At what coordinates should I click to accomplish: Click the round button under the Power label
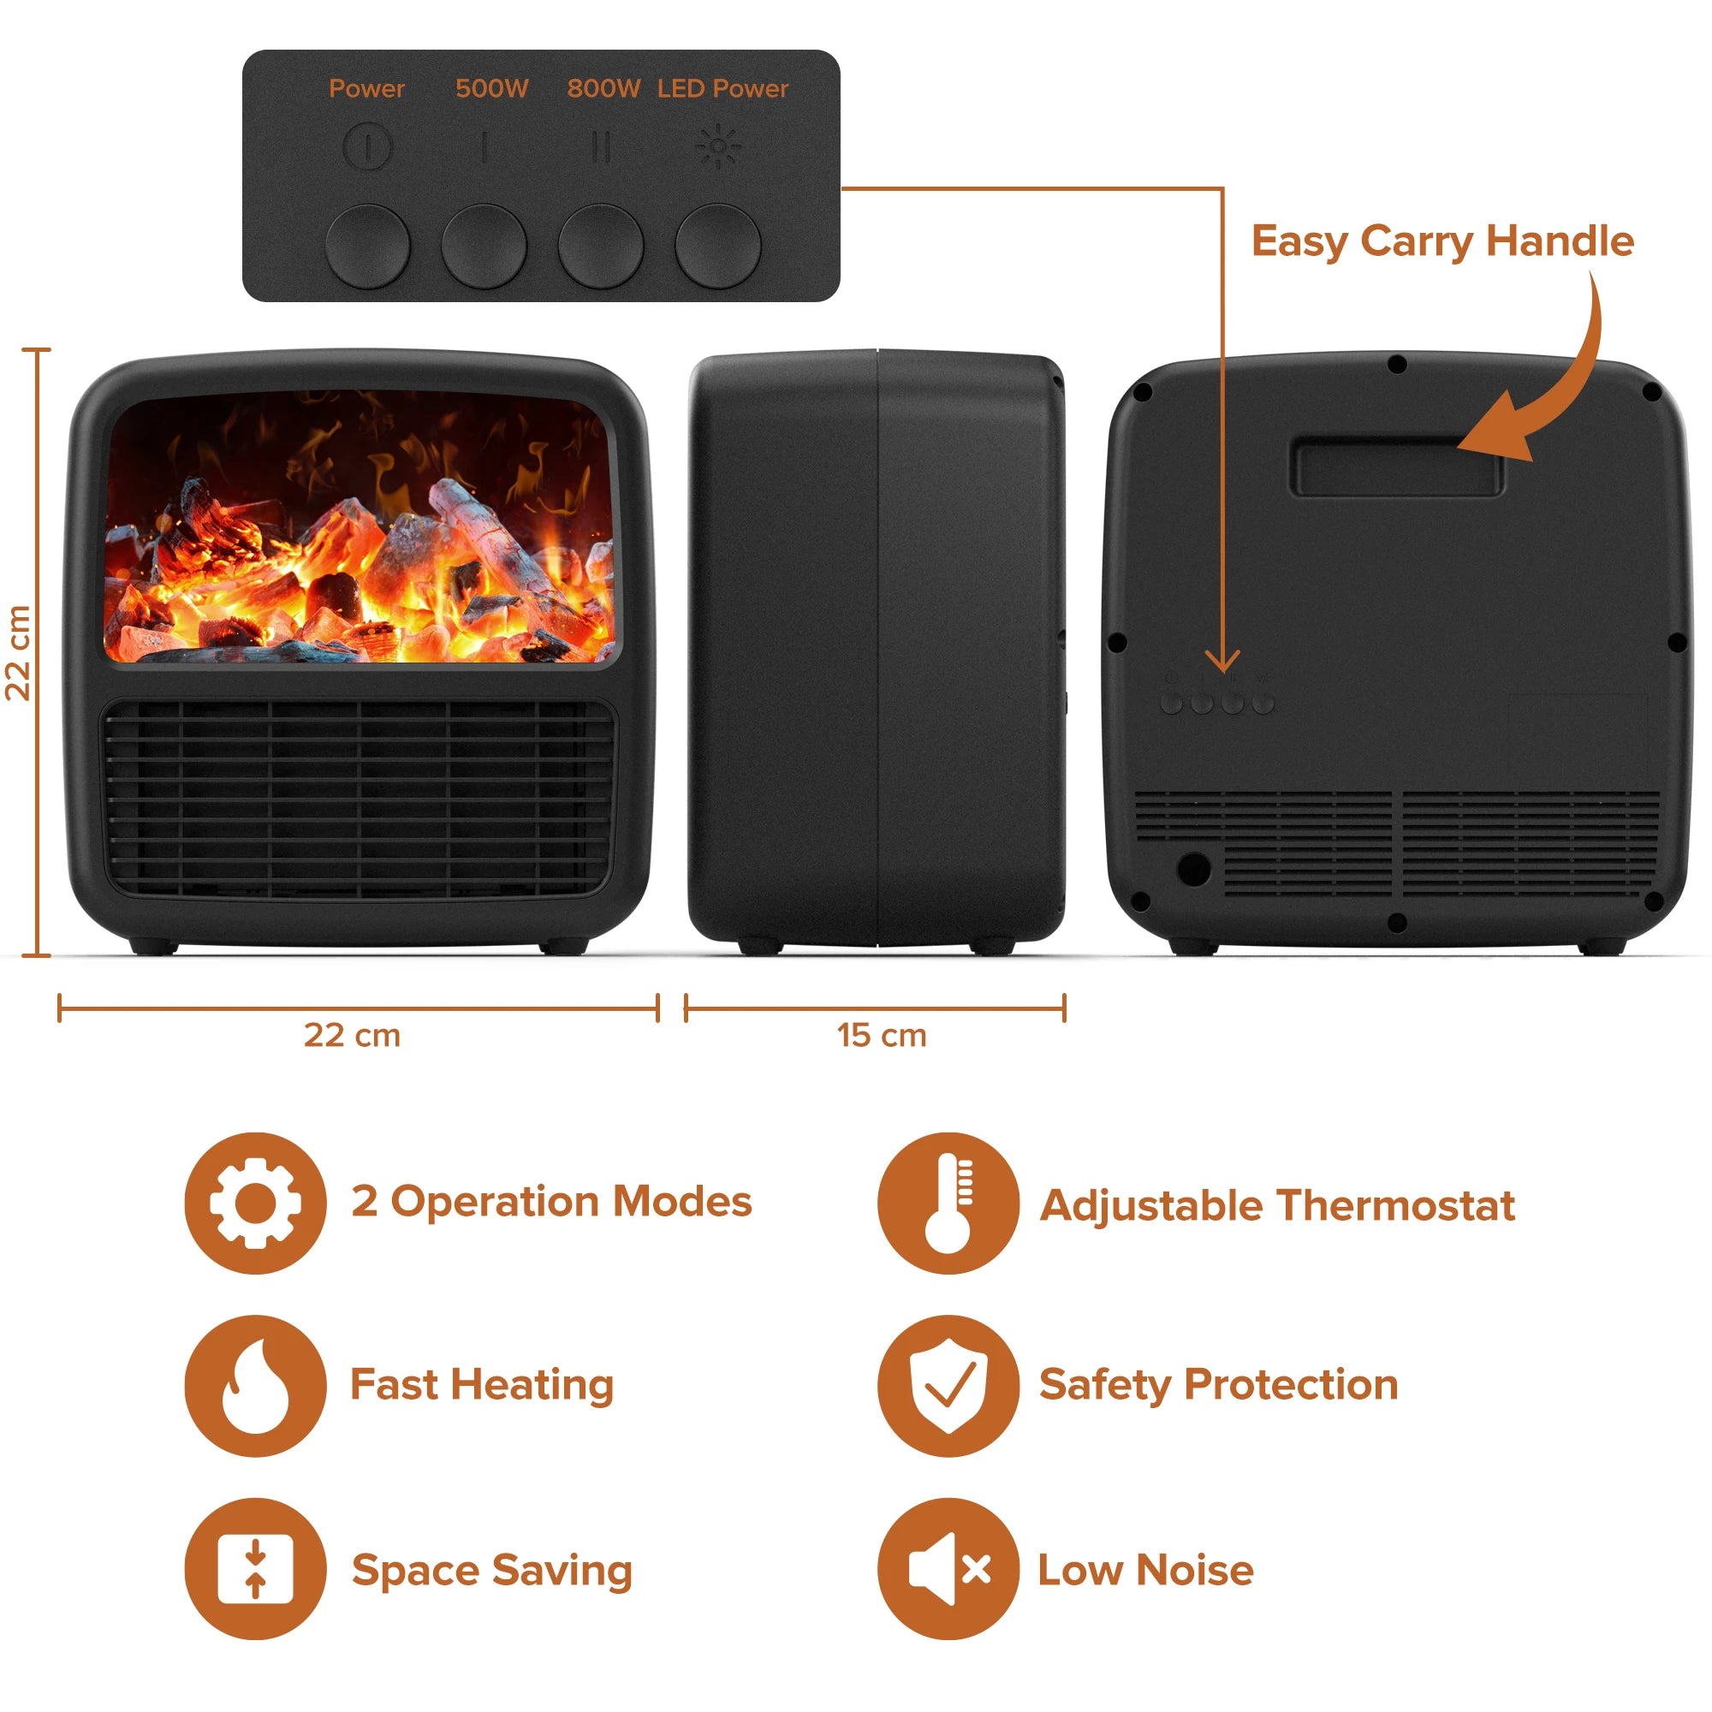point(367,247)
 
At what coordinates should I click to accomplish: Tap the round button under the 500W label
point(484,247)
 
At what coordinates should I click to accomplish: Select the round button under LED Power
point(718,247)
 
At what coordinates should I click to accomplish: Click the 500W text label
point(492,89)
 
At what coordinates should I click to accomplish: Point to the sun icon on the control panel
point(718,147)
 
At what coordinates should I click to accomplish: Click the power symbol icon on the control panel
point(367,147)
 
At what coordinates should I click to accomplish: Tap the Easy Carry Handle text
point(1442,241)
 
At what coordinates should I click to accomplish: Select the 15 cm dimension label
point(881,1036)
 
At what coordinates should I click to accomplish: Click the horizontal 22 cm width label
point(352,1036)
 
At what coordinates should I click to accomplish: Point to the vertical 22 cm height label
point(18,653)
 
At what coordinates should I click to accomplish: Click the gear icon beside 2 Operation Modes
point(255,1203)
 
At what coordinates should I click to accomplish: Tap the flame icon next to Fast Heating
point(255,1386)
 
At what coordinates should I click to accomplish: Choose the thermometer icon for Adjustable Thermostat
point(948,1203)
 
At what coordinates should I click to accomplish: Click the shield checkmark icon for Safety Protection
point(948,1386)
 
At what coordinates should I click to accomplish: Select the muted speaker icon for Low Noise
point(948,1569)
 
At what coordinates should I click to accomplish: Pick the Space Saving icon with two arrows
point(255,1569)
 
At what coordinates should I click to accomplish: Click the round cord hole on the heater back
point(1193,867)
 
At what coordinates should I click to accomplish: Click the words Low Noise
point(1144,1570)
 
